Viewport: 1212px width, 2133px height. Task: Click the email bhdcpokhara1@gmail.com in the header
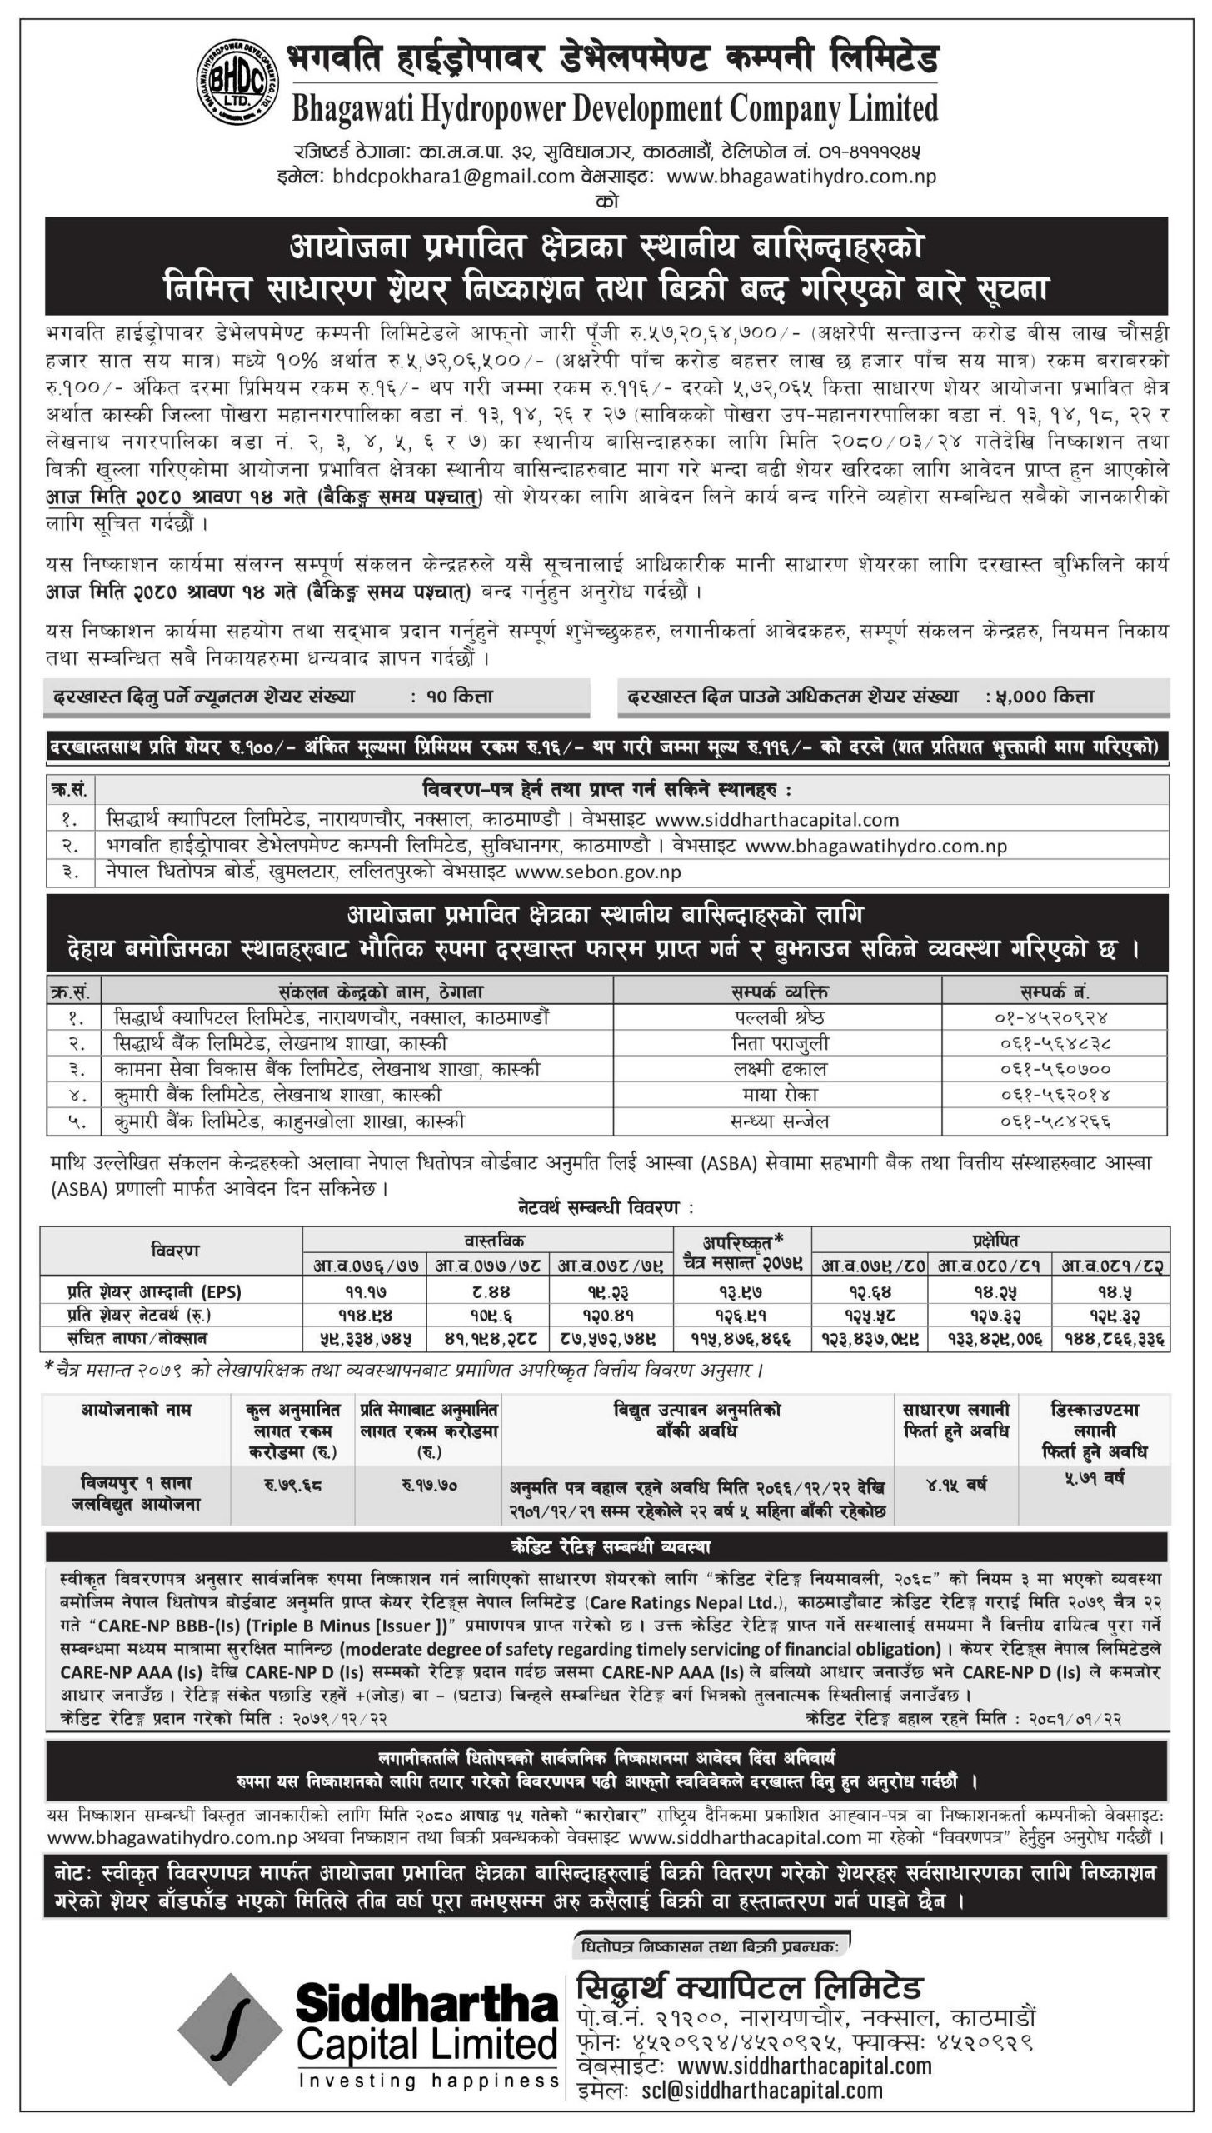pos(453,177)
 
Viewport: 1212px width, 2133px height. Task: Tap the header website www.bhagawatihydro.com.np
pos(801,177)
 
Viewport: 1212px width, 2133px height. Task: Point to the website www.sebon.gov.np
pos(598,872)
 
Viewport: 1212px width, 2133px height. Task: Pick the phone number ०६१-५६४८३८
pos(1054,1043)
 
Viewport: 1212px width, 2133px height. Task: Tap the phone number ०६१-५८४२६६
pos(1054,1121)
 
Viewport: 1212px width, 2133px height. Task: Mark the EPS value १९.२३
pos(611,1292)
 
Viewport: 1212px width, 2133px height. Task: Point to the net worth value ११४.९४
pos(365,1316)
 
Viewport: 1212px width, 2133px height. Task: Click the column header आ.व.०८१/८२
pos(1111,1266)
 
